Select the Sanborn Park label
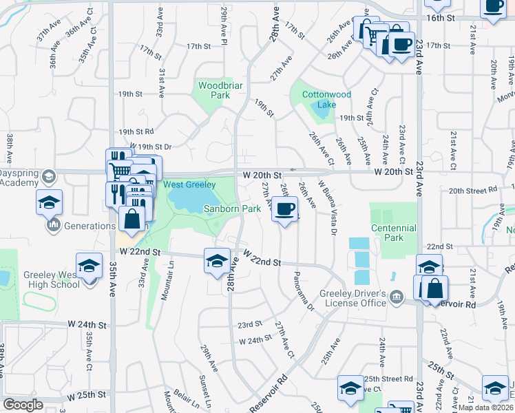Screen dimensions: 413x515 coord(231,209)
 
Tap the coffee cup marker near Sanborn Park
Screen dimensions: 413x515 coord(284,209)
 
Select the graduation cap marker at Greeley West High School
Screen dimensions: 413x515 coord(89,266)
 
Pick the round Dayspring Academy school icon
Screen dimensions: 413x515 coord(48,177)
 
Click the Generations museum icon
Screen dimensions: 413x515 coord(52,226)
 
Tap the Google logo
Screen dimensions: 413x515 coord(23,405)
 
